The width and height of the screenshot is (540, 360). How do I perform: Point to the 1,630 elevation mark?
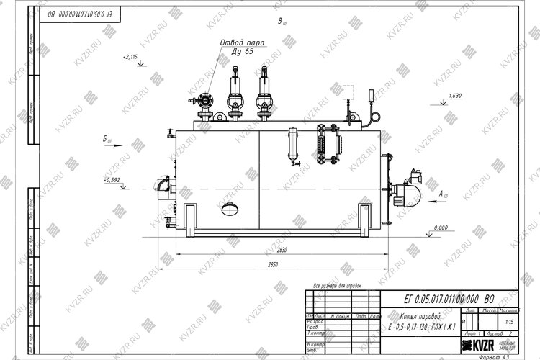click(x=454, y=96)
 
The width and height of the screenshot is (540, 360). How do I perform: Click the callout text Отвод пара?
click(x=242, y=42)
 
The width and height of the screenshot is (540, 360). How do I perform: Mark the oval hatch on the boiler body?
click(x=232, y=209)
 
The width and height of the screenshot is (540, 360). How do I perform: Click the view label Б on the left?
click(x=107, y=137)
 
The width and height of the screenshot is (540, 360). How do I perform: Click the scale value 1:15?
click(x=509, y=323)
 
